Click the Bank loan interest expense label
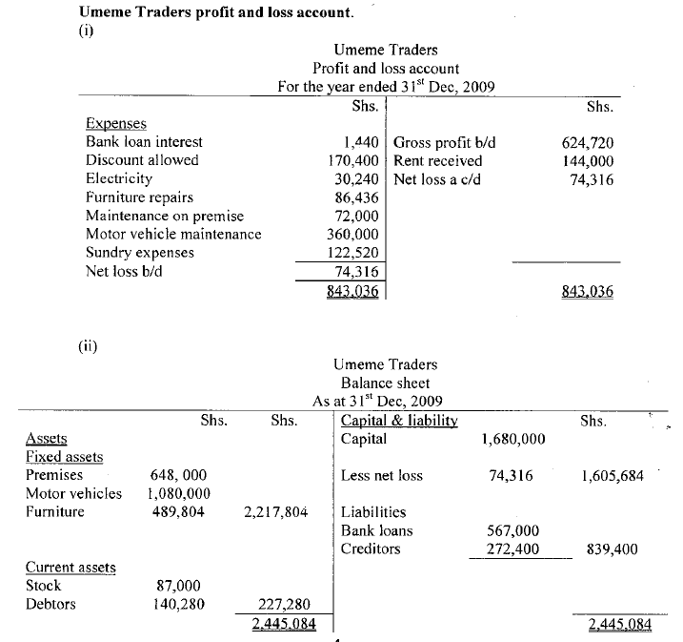click(x=144, y=142)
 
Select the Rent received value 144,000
click(x=588, y=160)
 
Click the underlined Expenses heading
click(x=115, y=124)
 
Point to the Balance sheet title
click(x=386, y=383)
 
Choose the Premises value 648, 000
click(x=179, y=475)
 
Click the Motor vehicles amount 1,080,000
click(x=179, y=493)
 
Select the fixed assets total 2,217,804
click(x=275, y=512)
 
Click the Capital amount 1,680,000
click(x=514, y=440)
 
